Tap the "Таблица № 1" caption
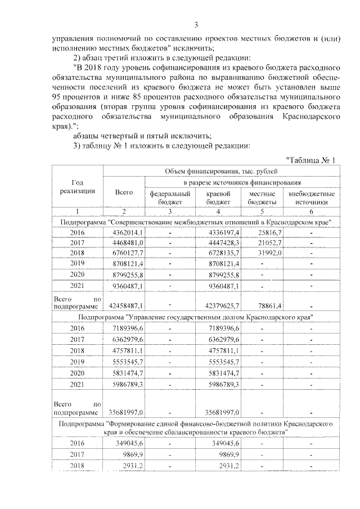[310, 160]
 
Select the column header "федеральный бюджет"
[166, 197]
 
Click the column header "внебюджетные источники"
[311, 197]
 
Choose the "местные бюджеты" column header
[262, 197]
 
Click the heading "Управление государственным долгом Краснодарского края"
[196, 317]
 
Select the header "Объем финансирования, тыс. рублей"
[221, 171]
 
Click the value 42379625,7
[220, 305]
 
